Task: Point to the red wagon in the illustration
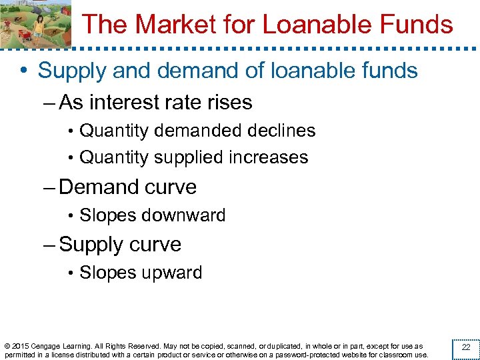tap(23, 34)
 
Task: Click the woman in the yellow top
tap(39, 27)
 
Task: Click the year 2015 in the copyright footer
tap(19, 347)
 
